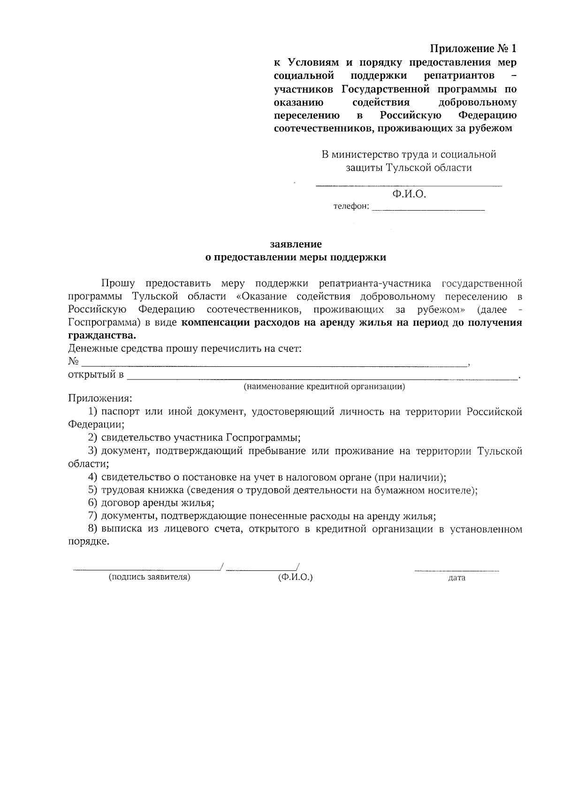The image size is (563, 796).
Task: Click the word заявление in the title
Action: coord(296,244)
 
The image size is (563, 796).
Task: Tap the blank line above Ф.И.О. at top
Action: coord(408,186)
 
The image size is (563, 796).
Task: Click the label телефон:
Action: coord(351,207)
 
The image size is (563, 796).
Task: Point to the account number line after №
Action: coord(274,365)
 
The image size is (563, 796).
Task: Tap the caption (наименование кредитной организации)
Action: coord(324,387)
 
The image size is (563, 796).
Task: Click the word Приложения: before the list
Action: coord(100,399)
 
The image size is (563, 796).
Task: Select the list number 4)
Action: coord(92,478)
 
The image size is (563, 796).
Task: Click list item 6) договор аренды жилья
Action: coord(157,503)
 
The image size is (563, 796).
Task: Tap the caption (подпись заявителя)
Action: coord(149,577)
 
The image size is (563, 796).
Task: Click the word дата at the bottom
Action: coord(456,578)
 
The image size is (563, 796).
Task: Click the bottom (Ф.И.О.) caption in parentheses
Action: coord(295,577)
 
